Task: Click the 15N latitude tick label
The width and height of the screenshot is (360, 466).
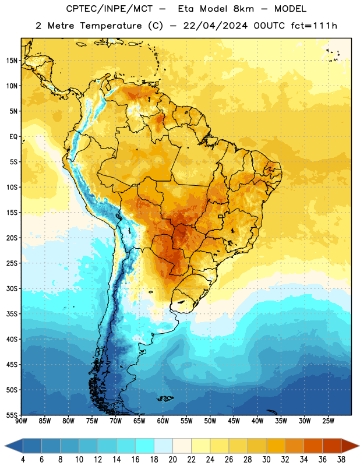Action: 12,61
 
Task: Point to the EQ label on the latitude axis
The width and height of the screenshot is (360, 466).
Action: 13,137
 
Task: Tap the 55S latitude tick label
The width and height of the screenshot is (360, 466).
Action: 12,415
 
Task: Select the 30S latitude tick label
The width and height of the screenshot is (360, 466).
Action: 12,288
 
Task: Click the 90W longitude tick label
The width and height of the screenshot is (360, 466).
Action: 21,421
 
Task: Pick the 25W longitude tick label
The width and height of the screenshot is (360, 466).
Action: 328,421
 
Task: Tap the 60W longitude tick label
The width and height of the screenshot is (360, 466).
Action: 163,421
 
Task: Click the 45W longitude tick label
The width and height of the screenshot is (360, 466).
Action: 234,421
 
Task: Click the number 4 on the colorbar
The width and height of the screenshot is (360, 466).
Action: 23,460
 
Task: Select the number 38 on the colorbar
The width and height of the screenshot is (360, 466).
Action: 341,460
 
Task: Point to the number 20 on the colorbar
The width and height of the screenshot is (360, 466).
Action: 172,460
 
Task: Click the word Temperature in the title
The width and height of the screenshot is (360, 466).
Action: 111,26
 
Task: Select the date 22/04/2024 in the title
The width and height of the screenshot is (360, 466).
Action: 216,26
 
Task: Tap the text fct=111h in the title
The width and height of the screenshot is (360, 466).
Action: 314,26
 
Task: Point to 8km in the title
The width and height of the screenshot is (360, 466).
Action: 243,9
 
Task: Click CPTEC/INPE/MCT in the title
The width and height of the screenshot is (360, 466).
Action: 109,9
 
